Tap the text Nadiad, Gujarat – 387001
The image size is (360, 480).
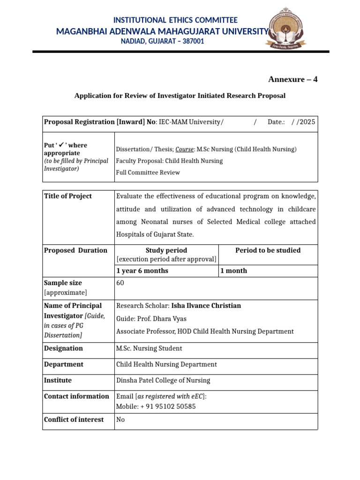pos(163,41)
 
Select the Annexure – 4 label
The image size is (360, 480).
pos(292,79)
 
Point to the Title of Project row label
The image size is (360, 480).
pos(68,196)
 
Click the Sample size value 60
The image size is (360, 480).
pos(120,283)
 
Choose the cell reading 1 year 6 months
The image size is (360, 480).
pos(142,271)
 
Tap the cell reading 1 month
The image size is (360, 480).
pos(233,271)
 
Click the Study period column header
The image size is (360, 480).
pos(166,250)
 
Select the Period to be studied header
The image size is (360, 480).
pos(268,250)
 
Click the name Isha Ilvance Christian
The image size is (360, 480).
pos(206,306)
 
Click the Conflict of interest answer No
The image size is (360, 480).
pos(120,420)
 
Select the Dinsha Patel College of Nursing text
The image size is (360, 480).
pos(163,380)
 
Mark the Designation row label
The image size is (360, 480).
pos(63,348)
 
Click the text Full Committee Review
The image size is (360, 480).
pos(148,172)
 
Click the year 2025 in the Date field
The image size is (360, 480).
pos(307,122)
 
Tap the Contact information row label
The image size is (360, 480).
pos(76,396)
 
